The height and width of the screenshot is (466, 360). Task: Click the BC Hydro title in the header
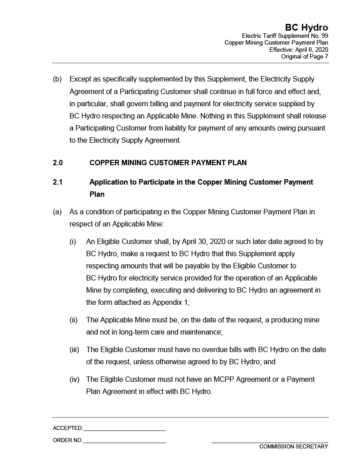click(306, 27)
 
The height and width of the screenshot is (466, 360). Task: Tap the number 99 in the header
click(324, 36)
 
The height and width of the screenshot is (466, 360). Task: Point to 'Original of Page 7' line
click(305, 57)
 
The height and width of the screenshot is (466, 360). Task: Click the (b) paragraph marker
click(57, 79)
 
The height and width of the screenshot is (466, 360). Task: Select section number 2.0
click(58, 163)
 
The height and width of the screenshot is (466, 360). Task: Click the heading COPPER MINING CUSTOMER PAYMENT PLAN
click(168, 163)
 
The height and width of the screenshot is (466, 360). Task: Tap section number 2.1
click(57, 182)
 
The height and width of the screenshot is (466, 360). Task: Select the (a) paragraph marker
click(57, 212)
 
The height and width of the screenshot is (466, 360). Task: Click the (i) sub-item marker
click(73, 242)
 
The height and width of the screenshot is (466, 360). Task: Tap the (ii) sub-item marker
click(73, 320)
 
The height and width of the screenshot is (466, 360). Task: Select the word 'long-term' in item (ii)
click(135, 332)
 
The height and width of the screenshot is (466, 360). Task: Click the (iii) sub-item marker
click(74, 350)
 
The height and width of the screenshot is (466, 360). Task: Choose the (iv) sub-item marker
click(74, 380)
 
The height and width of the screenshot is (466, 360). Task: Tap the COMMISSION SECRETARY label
click(293, 447)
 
